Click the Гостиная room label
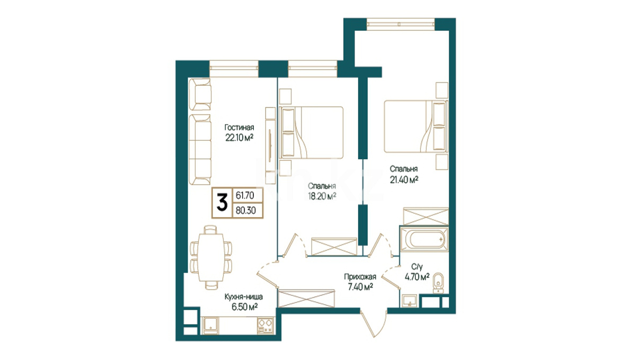pos(239,128)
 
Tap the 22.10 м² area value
pos(239,138)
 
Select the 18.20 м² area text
pos(322,196)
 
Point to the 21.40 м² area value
pos(404,180)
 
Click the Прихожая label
pos(360,277)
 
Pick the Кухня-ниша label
pos(243,296)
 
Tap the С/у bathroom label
pos(417,267)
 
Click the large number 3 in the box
pos(222,202)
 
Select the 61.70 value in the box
pos(245,195)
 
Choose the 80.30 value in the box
pos(246,211)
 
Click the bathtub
pos(424,239)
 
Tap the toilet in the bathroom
pos(438,283)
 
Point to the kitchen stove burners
pos(265,326)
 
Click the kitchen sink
pos(210,326)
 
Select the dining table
pos(211,257)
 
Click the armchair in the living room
pos(200,94)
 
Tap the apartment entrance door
pos(373,324)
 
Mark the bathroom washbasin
pos(410,301)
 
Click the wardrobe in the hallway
pos(306,299)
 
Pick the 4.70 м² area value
pos(417,277)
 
